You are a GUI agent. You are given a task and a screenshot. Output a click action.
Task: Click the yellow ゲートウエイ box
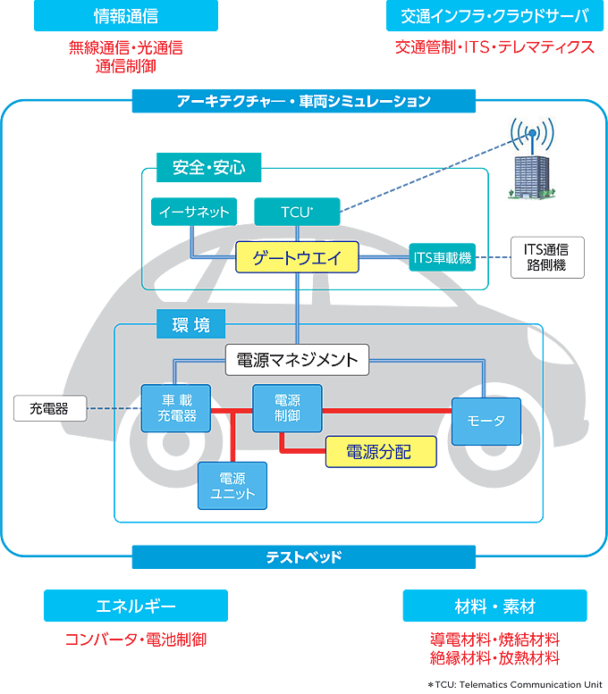point(297,257)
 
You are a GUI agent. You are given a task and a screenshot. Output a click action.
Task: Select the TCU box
point(297,212)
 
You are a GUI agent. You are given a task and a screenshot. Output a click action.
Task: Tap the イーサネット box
point(194,212)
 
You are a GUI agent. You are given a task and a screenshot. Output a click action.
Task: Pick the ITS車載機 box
point(443,257)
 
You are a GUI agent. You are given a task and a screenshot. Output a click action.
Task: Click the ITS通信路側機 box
point(547,257)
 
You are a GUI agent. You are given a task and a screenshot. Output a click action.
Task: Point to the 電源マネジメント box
point(297,360)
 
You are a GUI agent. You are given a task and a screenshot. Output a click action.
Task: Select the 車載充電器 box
point(176,408)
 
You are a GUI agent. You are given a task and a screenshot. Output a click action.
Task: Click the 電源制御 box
point(287,408)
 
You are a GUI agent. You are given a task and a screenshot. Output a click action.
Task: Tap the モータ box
point(486,421)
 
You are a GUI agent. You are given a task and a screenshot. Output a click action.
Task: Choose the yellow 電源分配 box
point(381,452)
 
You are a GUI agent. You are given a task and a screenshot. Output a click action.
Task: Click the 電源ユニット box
point(232,486)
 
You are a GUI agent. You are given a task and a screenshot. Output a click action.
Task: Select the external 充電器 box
point(50,408)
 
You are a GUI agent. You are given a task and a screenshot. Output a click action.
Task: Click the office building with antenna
point(532,159)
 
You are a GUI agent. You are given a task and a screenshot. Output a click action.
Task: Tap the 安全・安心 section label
point(208,167)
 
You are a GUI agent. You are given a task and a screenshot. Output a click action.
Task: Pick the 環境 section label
point(191,324)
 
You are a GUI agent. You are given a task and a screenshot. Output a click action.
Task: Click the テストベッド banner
point(304,556)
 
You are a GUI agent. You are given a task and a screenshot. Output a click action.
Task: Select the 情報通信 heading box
point(126,15)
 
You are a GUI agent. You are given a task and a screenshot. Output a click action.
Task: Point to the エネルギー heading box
point(136,606)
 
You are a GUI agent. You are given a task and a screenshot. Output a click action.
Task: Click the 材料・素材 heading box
point(495,606)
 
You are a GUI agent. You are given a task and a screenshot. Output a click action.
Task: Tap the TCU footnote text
point(515,685)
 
